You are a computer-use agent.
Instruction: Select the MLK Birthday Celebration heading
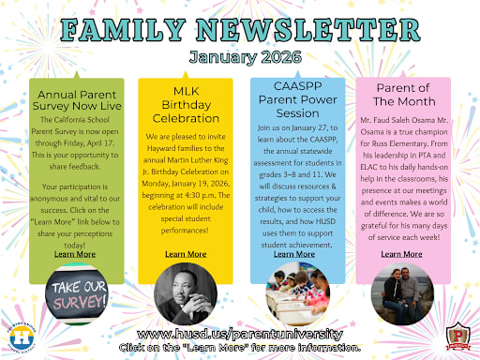(186, 111)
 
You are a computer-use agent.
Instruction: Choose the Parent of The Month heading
(401, 102)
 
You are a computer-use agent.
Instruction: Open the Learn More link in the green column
(75, 254)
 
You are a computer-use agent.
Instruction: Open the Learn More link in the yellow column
(186, 254)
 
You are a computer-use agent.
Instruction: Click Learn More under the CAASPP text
(294, 254)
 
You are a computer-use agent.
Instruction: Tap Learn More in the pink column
(401, 254)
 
